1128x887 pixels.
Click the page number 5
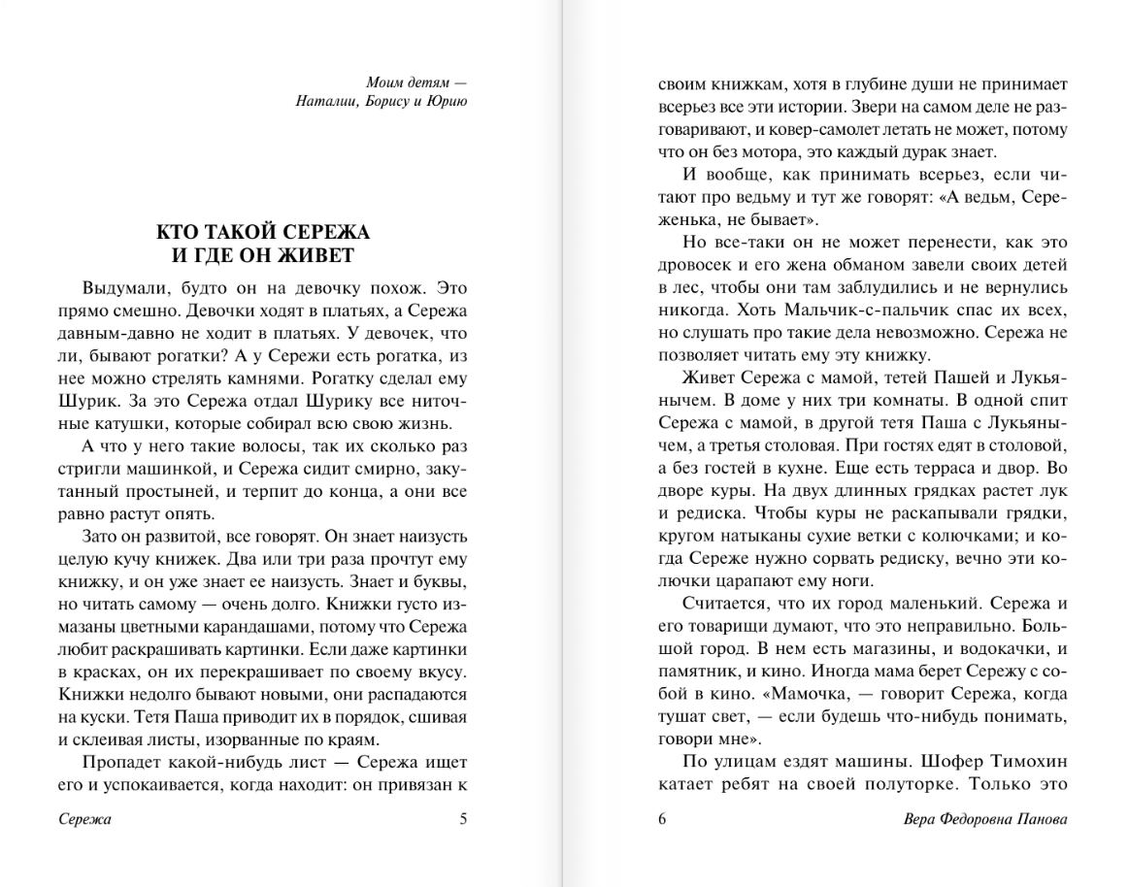click(x=463, y=819)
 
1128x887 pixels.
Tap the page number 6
click(x=663, y=819)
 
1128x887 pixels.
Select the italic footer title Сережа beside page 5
click(x=84, y=819)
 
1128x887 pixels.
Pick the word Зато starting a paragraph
click(x=103, y=536)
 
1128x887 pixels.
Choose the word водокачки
click(x=999, y=648)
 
